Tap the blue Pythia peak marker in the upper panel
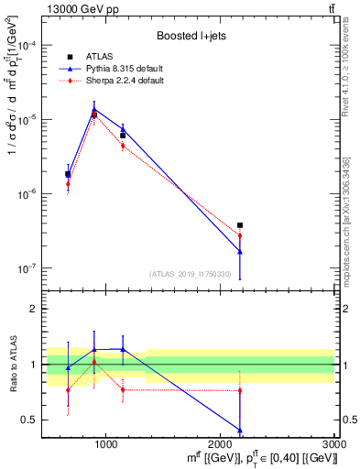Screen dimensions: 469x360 click(x=94, y=110)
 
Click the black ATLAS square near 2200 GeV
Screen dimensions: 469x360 click(x=240, y=224)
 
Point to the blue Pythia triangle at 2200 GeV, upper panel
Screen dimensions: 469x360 click(x=240, y=251)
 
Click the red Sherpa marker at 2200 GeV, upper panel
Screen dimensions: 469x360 click(x=240, y=235)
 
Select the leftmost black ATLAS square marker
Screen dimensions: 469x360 click(x=68, y=174)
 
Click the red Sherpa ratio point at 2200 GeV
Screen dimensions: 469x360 click(x=240, y=390)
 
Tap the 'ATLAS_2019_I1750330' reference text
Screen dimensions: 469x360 click(x=191, y=273)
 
